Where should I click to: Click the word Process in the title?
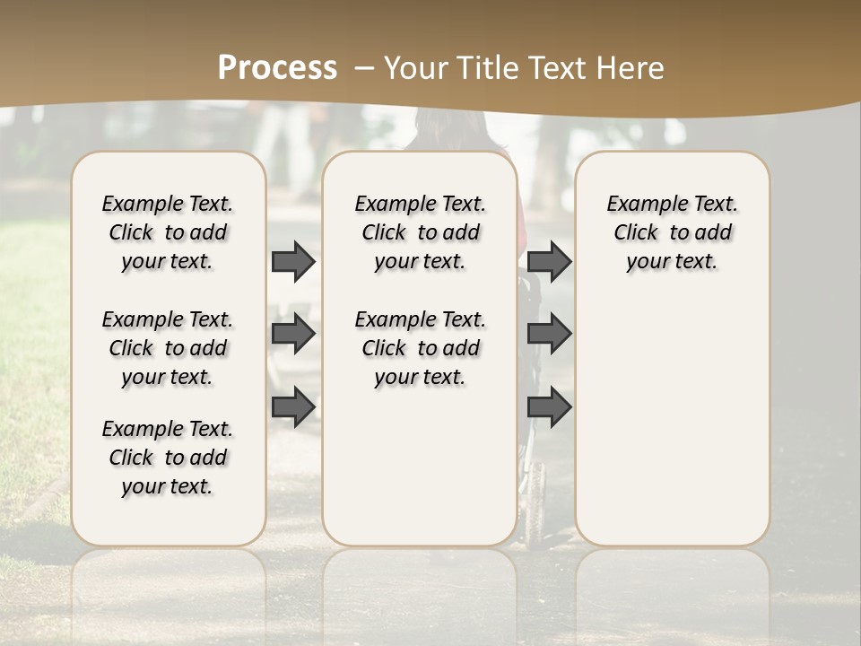click(277, 68)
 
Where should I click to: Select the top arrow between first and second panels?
click(293, 261)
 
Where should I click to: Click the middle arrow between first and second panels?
click(293, 334)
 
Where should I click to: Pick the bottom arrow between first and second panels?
click(293, 406)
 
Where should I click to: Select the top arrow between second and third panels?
click(549, 261)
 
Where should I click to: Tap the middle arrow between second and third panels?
click(549, 334)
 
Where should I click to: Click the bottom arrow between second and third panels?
click(549, 406)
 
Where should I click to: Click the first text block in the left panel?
click(168, 232)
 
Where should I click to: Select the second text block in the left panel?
click(168, 348)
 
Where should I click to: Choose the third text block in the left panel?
click(168, 458)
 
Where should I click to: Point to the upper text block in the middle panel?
click(421, 232)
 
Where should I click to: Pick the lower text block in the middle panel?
click(421, 348)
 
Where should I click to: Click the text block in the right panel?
click(673, 232)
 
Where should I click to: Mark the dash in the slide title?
click(364, 68)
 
